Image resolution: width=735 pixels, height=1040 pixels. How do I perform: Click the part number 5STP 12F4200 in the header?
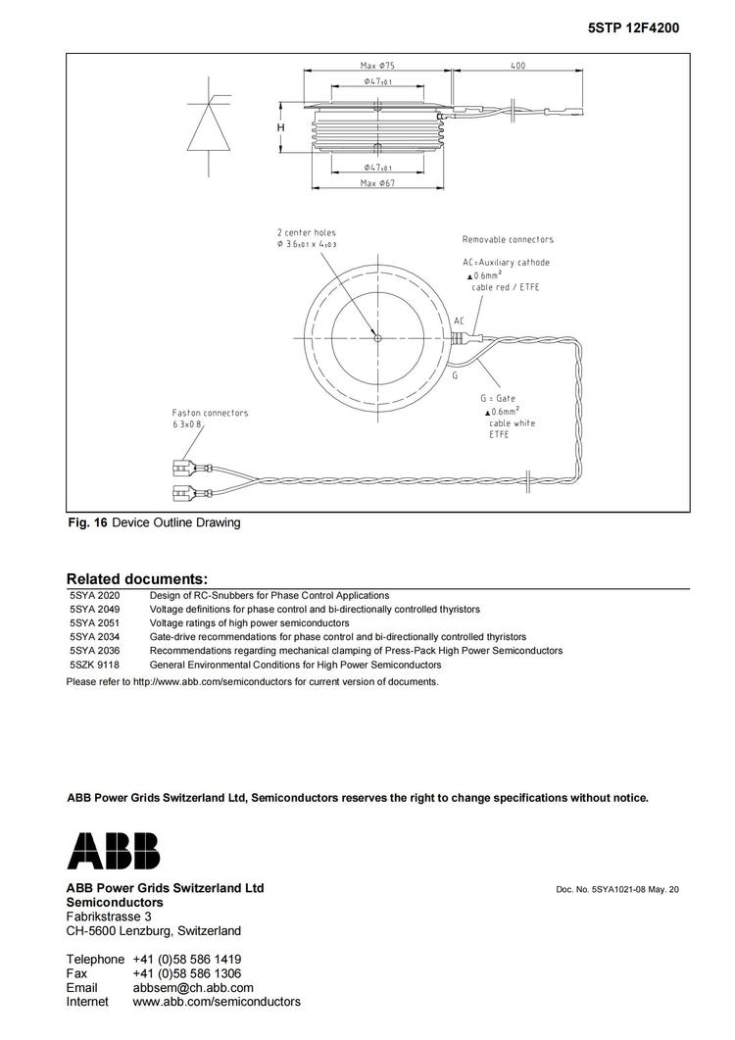click(x=633, y=28)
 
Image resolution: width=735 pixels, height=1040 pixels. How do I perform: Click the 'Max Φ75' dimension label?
click(x=376, y=66)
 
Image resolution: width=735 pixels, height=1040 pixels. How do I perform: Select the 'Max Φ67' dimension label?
click(x=376, y=183)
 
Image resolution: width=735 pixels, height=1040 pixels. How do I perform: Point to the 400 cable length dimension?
click(x=517, y=66)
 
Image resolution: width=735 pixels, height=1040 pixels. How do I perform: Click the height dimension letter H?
click(x=280, y=127)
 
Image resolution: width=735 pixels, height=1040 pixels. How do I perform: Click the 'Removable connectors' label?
click(x=508, y=239)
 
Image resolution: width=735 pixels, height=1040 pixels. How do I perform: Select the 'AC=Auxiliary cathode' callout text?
click(x=506, y=263)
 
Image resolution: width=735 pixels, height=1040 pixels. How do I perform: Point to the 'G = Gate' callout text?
click(x=498, y=399)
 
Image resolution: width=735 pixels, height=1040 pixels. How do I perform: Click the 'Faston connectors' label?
click(x=210, y=413)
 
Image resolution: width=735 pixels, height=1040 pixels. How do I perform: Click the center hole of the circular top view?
click(x=377, y=339)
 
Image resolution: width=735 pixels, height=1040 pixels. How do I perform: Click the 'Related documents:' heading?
click(x=136, y=579)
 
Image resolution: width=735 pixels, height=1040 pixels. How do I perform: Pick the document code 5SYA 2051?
click(x=94, y=622)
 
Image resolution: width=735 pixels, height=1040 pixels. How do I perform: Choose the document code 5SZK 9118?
click(x=94, y=665)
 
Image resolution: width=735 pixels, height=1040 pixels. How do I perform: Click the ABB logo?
click(x=113, y=851)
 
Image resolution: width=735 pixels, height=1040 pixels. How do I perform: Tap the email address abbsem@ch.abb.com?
click(x=193, y=988)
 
